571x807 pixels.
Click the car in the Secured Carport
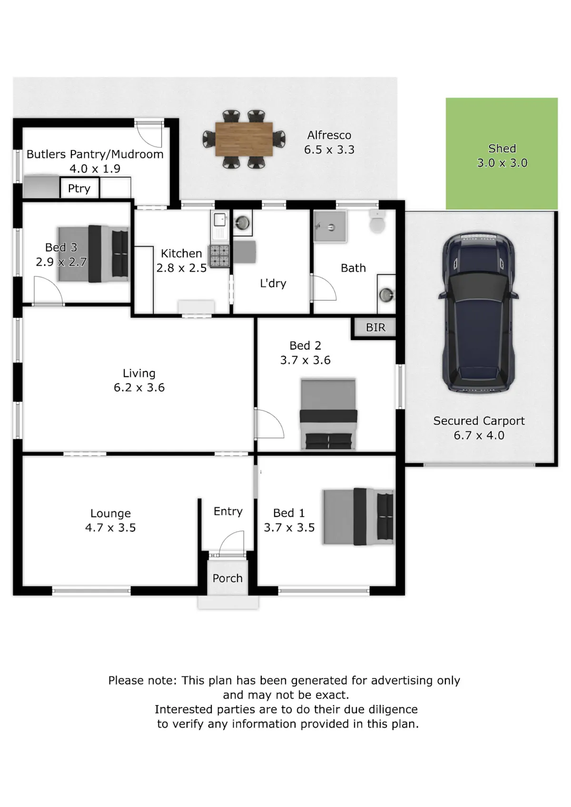pyautogui.click(x=478, y=312)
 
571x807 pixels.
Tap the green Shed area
pyautogui.click(x=502, y=154)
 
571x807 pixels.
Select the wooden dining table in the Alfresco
pyautogui.click(x=244, y=139)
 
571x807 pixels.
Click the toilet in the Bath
pyautogui.click(x=377, y=221)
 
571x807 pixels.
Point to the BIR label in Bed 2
pyautogui.click(x=375, y=328)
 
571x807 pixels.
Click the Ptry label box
pyautogui.click(x=79, y=188)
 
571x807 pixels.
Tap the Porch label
pyautogui.click(x=227, y=578)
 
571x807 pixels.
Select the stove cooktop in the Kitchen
pyautogui.click(x=219, y=256)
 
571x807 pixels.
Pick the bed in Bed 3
pyautogui.click(x=93, y=254)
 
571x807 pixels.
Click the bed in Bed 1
pyautogui.click(x=358, y=516)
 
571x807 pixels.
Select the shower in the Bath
pyautogui.click(x=330, y=226)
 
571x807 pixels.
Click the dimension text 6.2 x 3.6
pyautogui.click(x=139, y=388)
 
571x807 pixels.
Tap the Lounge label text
pyautogui.click(x=110, y=513)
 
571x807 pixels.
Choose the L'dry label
pyautogui.click(x=273, y=283)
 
